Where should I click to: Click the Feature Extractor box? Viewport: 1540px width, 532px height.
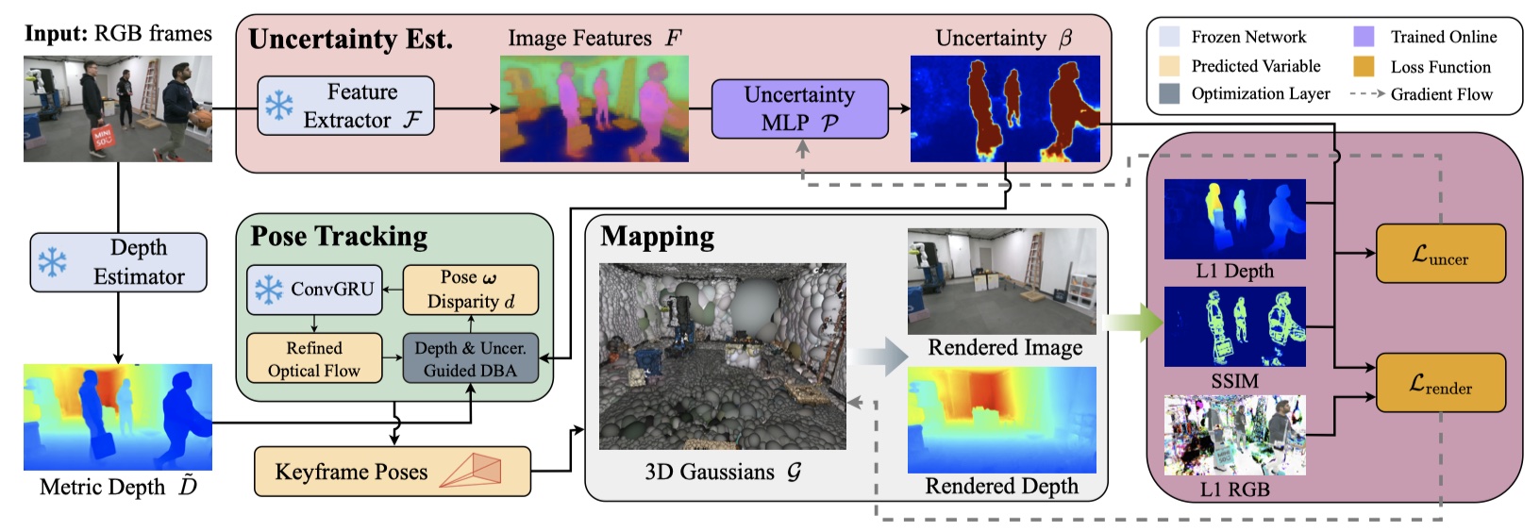(x=345, y=106)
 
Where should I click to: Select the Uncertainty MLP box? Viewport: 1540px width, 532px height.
(x=799, y=108)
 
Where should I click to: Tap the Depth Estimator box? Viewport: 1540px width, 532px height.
(x=118, y=262)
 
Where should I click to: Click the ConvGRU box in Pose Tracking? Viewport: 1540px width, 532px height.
(x=314, y=290)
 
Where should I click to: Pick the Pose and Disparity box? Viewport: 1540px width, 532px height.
(x=471, y=290)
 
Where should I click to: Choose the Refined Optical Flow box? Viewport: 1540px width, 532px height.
(x=314, y=358)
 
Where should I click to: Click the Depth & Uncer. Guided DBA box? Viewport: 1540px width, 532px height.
(x=471, y=358)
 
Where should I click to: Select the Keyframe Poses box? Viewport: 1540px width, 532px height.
(x=392, y=472)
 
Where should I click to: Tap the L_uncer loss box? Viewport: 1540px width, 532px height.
(x=1440, y=254)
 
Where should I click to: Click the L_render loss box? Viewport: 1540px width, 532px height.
(x=1440, y=383)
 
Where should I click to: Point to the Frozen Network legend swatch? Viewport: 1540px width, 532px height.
(x=1169, y=37)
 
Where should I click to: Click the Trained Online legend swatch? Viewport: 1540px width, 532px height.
(x=1364, y=37)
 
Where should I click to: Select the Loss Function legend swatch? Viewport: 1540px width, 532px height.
(x=1364, y=66)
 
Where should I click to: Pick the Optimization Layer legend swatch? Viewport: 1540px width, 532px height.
(x=1169, y=93)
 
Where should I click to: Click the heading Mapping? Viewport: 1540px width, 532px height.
(x=657, y=237)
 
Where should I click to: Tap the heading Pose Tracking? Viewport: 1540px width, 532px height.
(x=339, y=237)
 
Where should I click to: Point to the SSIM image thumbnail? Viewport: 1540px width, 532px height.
(x=1234, y=326)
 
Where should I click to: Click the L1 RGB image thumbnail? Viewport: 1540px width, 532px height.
(x=1234, y=435)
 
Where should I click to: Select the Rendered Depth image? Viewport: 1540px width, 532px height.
(x=1001, y=420)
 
